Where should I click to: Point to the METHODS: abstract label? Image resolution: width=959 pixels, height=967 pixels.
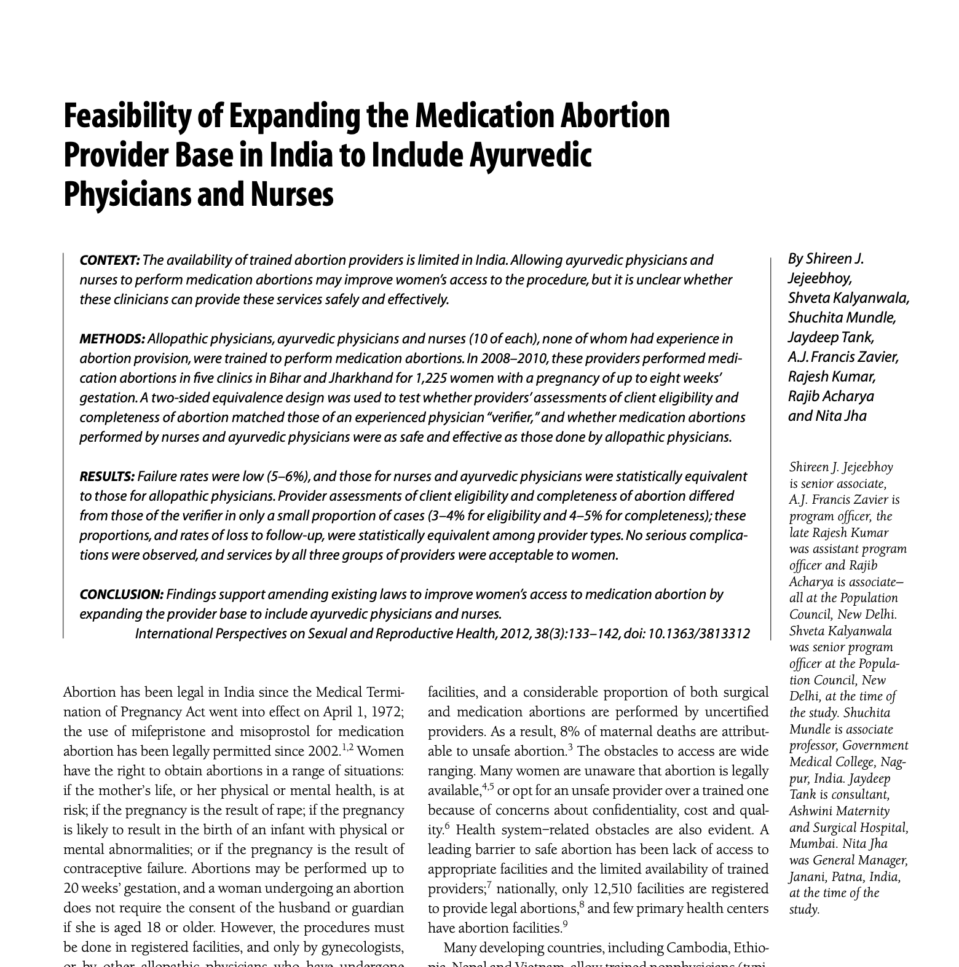[112, 339]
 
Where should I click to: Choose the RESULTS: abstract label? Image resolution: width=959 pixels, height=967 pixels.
[107, 477]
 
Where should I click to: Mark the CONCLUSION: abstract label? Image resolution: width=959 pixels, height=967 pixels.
[122, 595]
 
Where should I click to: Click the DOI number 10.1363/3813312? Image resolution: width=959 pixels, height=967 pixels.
[699, 634]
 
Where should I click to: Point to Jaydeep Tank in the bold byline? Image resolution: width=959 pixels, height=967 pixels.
[831, 337]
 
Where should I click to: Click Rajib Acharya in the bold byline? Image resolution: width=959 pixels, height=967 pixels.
[831, 396]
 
